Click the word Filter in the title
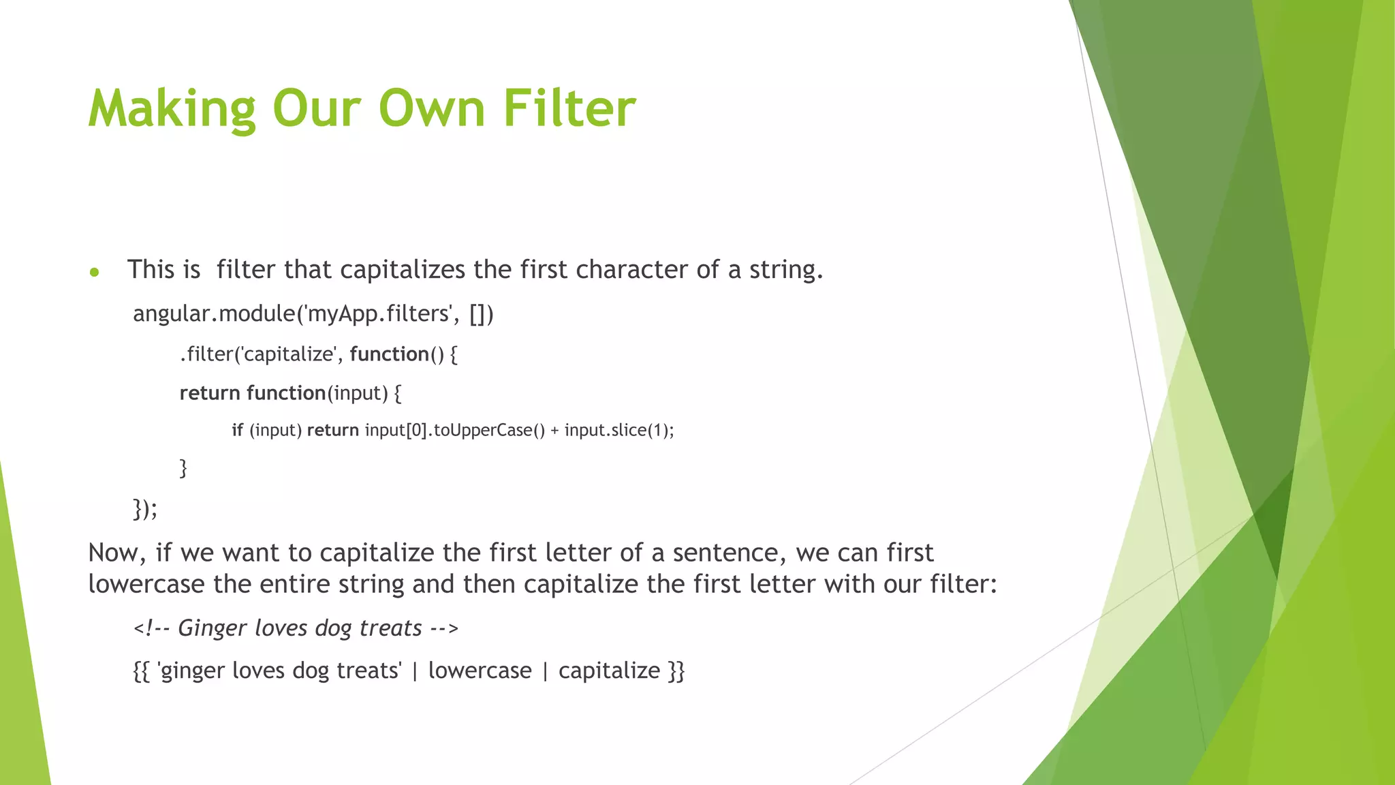[x=569, y=108]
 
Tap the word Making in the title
[x=172, y=108]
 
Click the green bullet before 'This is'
[x=95, y=273]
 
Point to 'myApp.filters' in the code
[x=379, y=313]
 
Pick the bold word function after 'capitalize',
[x=389, y=354]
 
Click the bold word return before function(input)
[x=210, y=393]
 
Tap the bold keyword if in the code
[x=237, y=430]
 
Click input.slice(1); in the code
[x=618, y=430]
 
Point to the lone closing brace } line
[x=183, y=468]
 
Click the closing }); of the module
[x=144, y=508]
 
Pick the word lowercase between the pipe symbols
[x=480, y=671]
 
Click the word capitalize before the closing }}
[x=609, y=671]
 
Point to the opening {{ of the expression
[x=141, y=671]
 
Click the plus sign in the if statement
[x=554, y=430]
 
